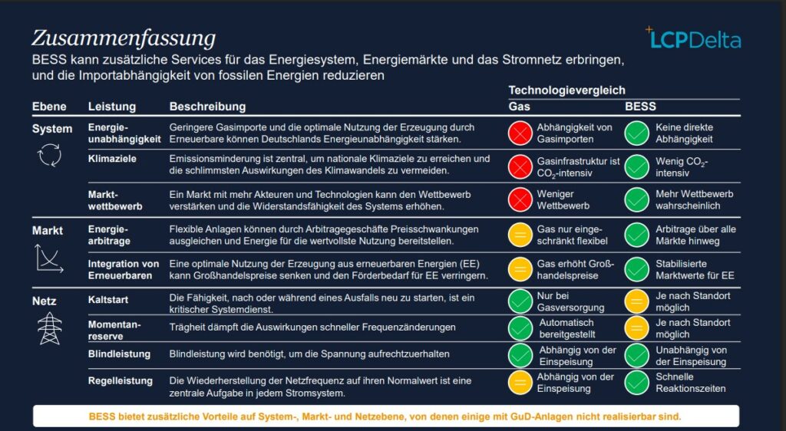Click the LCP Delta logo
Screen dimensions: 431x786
point(693,39)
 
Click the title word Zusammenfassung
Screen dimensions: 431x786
point(123,38)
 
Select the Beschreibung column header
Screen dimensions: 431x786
point(207,107)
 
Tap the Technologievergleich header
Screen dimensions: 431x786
point(566,90)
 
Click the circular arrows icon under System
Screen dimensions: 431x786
point(49,156)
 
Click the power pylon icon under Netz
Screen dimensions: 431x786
point(49,327)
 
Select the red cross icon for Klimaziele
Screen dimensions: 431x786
point(520,166)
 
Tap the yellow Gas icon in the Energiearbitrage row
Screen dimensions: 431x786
point(520,235)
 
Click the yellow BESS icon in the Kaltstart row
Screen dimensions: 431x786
point(636,301)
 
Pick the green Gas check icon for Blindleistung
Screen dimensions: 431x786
point(520,356)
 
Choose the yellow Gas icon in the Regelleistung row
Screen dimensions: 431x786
point(520,382)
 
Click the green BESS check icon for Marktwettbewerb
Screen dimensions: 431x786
point(636,199)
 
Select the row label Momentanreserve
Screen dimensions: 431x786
point(114,330)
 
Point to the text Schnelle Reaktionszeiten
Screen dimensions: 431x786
point(690,382)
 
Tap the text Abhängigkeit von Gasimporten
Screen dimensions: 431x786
point(574,133)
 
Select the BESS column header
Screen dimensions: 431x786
point(640,107)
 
